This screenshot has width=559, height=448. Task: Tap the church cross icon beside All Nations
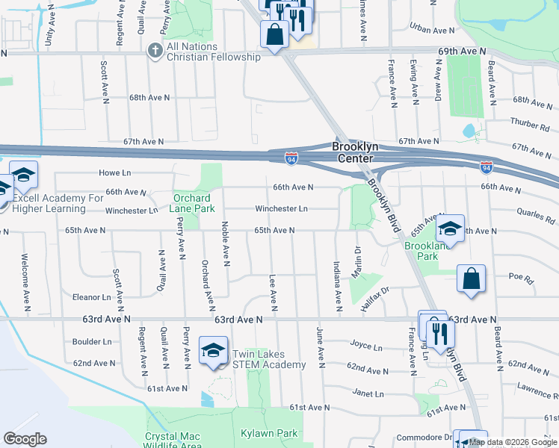(155, 51)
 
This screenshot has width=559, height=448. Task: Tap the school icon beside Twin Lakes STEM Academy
(213, 349)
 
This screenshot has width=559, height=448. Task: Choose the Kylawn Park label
(269, 433)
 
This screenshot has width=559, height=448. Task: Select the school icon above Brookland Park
(451, 227)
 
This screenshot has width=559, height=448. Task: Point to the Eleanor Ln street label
(91, 297)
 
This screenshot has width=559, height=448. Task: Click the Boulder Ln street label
(92, 342)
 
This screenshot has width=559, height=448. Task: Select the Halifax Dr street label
(375, 289)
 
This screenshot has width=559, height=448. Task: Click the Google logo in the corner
(25, 439)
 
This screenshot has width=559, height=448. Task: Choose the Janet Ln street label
(368, 393)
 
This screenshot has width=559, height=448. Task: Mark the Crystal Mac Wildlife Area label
(173, 441)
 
